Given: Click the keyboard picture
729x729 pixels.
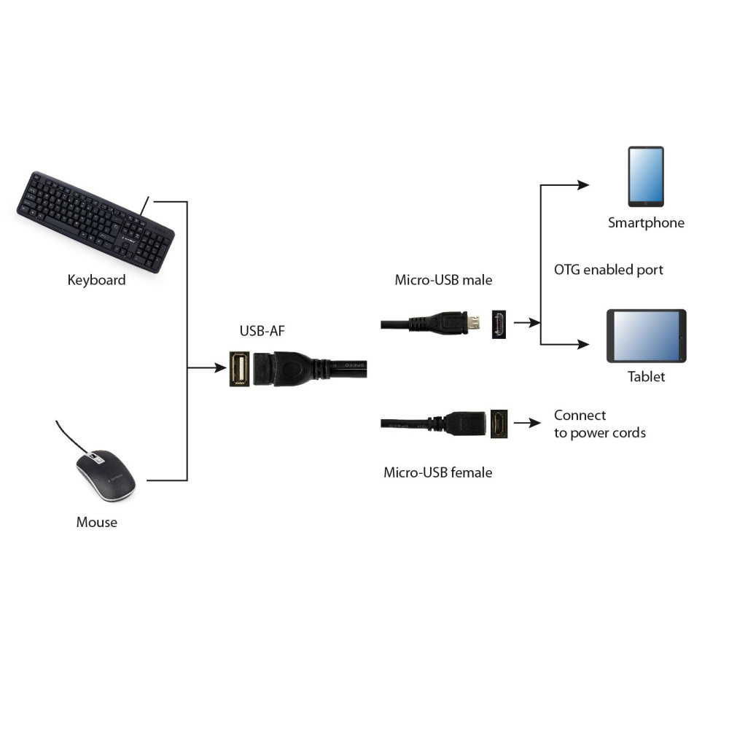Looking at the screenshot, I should click(95, 222).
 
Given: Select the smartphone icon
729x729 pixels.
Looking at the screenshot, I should click(646, 176).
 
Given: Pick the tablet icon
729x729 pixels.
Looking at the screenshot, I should click(646, 335).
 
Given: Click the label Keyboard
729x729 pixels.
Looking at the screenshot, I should click(96, 280).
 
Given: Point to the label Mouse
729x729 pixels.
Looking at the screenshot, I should click(96, 522).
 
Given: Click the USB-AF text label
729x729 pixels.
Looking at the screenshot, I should click(262, 332).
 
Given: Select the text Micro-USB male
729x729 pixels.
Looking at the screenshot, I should click(443, 280).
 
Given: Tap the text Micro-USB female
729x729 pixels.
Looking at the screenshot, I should click(437, 472).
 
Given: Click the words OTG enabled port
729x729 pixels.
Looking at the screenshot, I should click(609, 270).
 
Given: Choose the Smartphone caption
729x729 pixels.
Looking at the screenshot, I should click(646, 223).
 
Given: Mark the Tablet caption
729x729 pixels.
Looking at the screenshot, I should click(646, 377).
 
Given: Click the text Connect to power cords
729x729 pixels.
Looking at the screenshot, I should click(599, 424).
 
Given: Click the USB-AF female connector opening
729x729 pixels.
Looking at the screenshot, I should click(238, 369).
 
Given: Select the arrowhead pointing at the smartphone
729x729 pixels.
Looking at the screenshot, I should click(583, 185).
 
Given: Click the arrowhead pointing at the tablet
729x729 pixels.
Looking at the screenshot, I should click(583, 344).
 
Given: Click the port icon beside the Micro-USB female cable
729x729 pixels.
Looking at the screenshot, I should click(499, 423).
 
